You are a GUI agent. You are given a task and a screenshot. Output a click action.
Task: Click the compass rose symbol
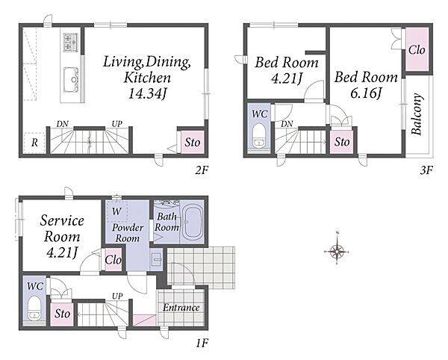tap(337, 252)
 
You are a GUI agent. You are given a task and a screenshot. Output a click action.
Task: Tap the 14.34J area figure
tap(147, 93)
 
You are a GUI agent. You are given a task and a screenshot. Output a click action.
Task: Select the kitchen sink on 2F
tap(71, 79)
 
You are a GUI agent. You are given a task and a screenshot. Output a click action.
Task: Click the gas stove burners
tap(71, 43)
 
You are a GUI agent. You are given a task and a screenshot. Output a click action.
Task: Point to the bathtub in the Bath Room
tap(192, 222)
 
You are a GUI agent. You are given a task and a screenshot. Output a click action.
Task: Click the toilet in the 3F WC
tap(259, 136)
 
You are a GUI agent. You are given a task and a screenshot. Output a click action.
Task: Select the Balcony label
tap(417, 114)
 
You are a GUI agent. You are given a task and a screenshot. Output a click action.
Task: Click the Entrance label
tap(181, 308)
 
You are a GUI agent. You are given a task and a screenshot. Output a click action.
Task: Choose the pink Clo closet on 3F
tap(417, 49)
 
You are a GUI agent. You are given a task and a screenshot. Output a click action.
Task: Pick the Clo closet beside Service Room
tap(113, 260)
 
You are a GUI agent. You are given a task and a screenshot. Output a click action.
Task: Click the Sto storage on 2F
tap(193, 142)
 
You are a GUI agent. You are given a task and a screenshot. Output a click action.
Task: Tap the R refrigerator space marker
tap(34, 142)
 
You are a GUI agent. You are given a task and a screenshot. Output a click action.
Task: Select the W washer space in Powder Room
tap(117, 211)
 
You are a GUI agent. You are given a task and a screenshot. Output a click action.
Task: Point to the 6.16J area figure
tap(366, 93)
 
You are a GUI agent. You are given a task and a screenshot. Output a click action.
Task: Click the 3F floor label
tap(426, 170)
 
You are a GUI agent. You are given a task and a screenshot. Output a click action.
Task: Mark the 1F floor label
tap(202, 343)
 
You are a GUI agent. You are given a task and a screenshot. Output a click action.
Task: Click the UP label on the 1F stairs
tap(117, 297)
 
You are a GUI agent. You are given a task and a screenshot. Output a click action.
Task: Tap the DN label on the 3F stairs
tap(287, 124)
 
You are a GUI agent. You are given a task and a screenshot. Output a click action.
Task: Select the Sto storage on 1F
tap(63, 314)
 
